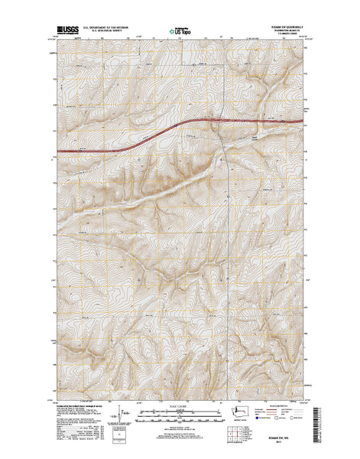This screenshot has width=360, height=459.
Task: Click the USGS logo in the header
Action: [x=66, y=31]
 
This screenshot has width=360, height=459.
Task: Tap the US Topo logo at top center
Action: [x=181, y=32]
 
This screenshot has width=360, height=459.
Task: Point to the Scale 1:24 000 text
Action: [x=180, y=405]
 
